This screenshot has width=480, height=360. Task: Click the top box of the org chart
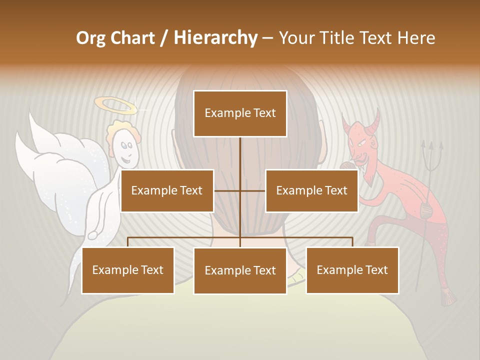tap(240, 113)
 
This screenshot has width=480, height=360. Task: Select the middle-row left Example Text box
tap(167, 190)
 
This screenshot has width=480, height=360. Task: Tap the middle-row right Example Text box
tap(311, 190)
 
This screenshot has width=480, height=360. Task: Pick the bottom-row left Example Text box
tap(128, 270)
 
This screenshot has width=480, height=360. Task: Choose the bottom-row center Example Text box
tap(240, 270)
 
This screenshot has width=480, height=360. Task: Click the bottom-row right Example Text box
tap(352, 270)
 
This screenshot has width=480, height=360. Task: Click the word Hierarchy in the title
tap(215, 37)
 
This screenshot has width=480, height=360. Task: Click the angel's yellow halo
tap(115, 105)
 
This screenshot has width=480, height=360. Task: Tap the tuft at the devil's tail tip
tap(448, 297)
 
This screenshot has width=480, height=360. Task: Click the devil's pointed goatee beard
tap(368, 177)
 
